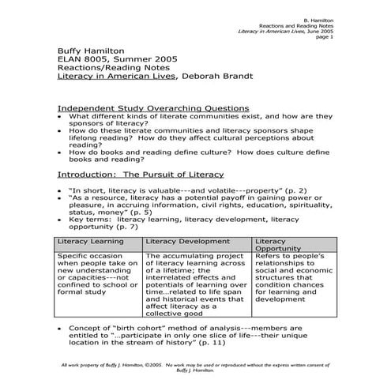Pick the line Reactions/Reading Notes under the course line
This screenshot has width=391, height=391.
[111, 68]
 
